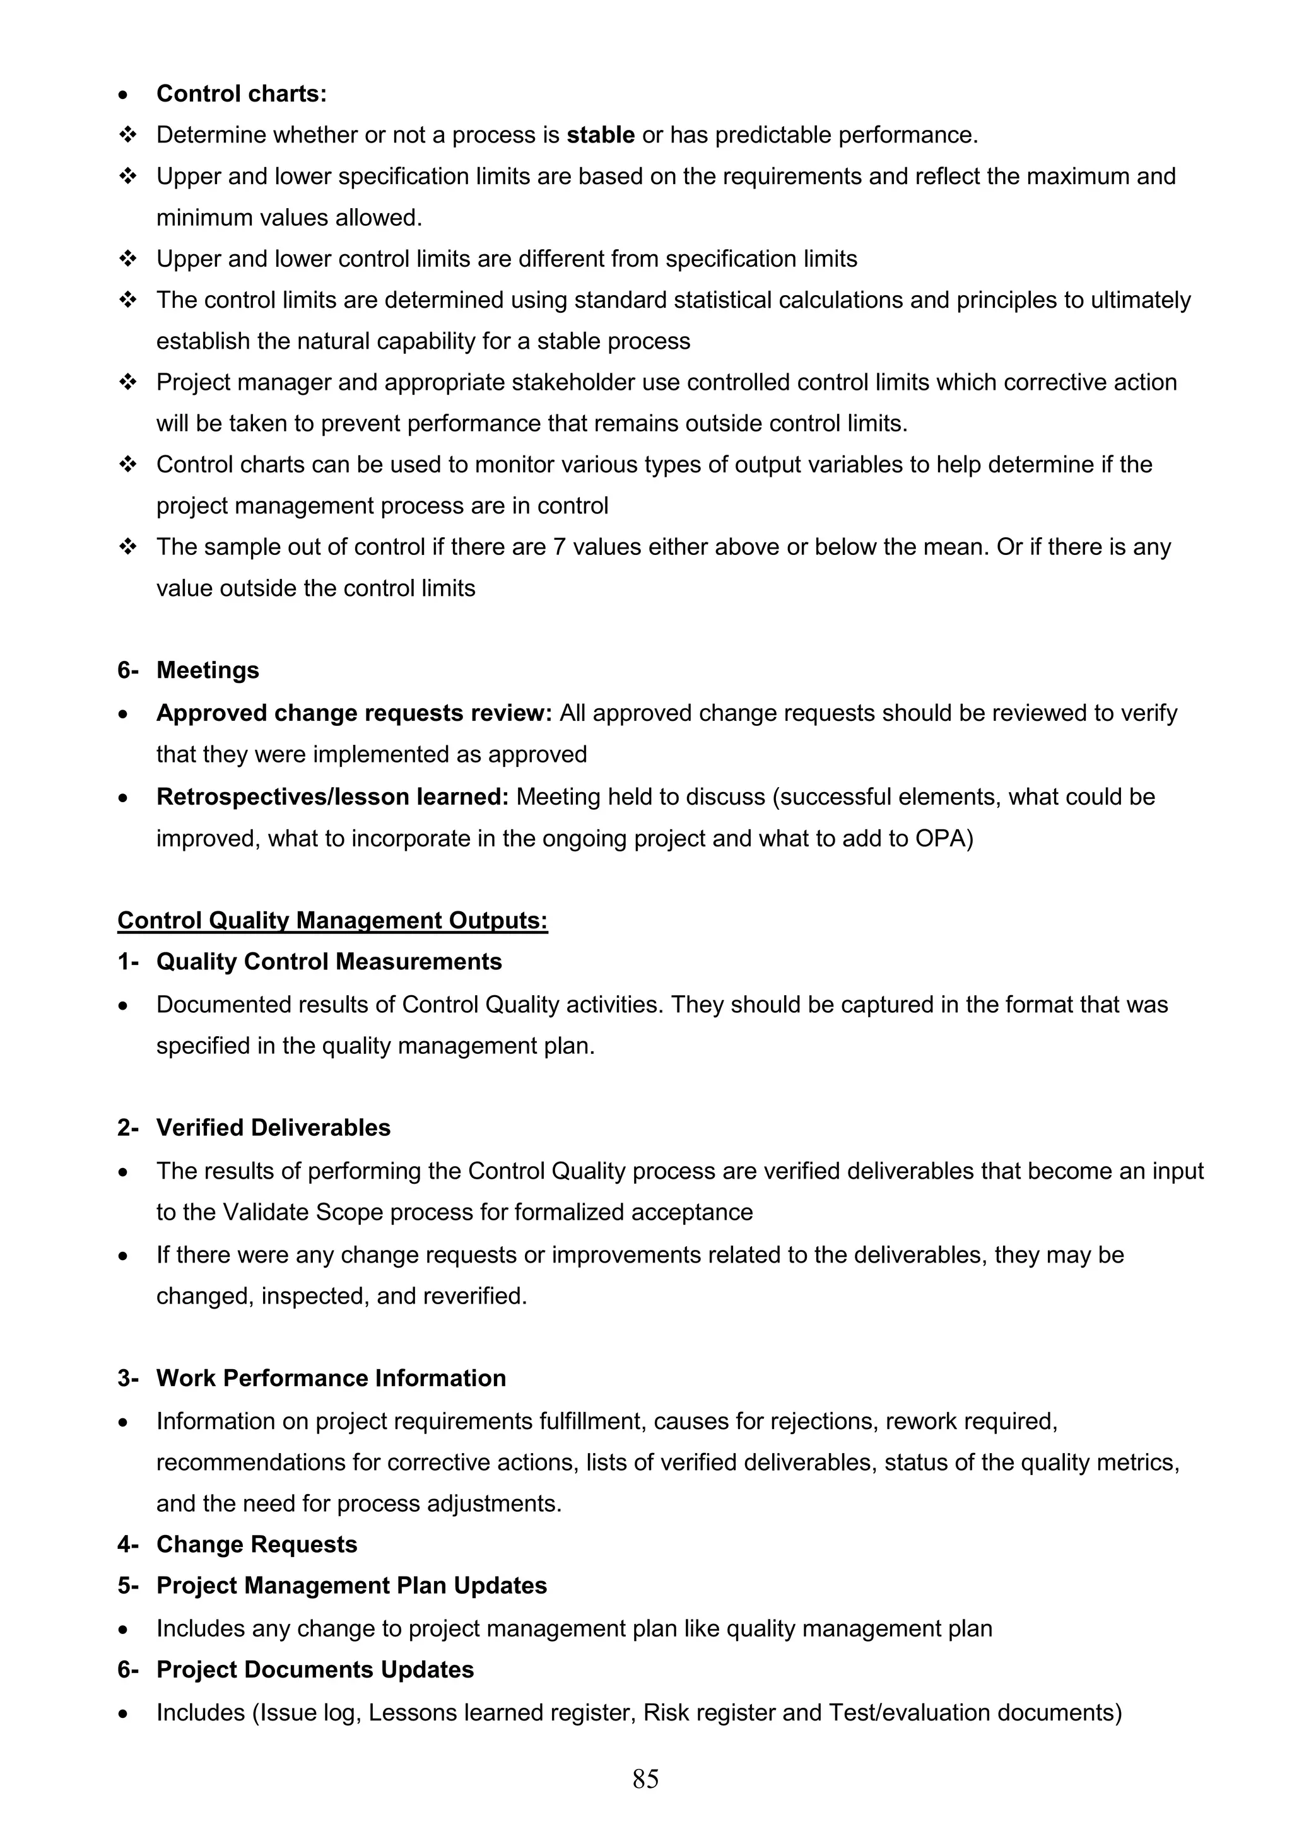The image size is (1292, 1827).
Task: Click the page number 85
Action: (645, 1778)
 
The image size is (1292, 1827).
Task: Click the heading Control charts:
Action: (241, 94)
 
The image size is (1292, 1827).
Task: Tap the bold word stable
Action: (600, 135)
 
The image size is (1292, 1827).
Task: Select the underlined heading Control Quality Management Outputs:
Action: (332, 921)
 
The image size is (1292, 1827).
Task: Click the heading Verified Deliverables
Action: (273, 1128)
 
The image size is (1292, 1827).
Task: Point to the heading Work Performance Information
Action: (331, 1378)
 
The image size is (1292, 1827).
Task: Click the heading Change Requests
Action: (256, 1544)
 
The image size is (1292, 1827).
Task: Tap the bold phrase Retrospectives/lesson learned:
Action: (332, 797)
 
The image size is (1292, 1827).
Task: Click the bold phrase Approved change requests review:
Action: (353, 713)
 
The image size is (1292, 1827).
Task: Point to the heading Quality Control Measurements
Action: (329, 961)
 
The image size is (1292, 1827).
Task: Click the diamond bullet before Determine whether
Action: (127, 135)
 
